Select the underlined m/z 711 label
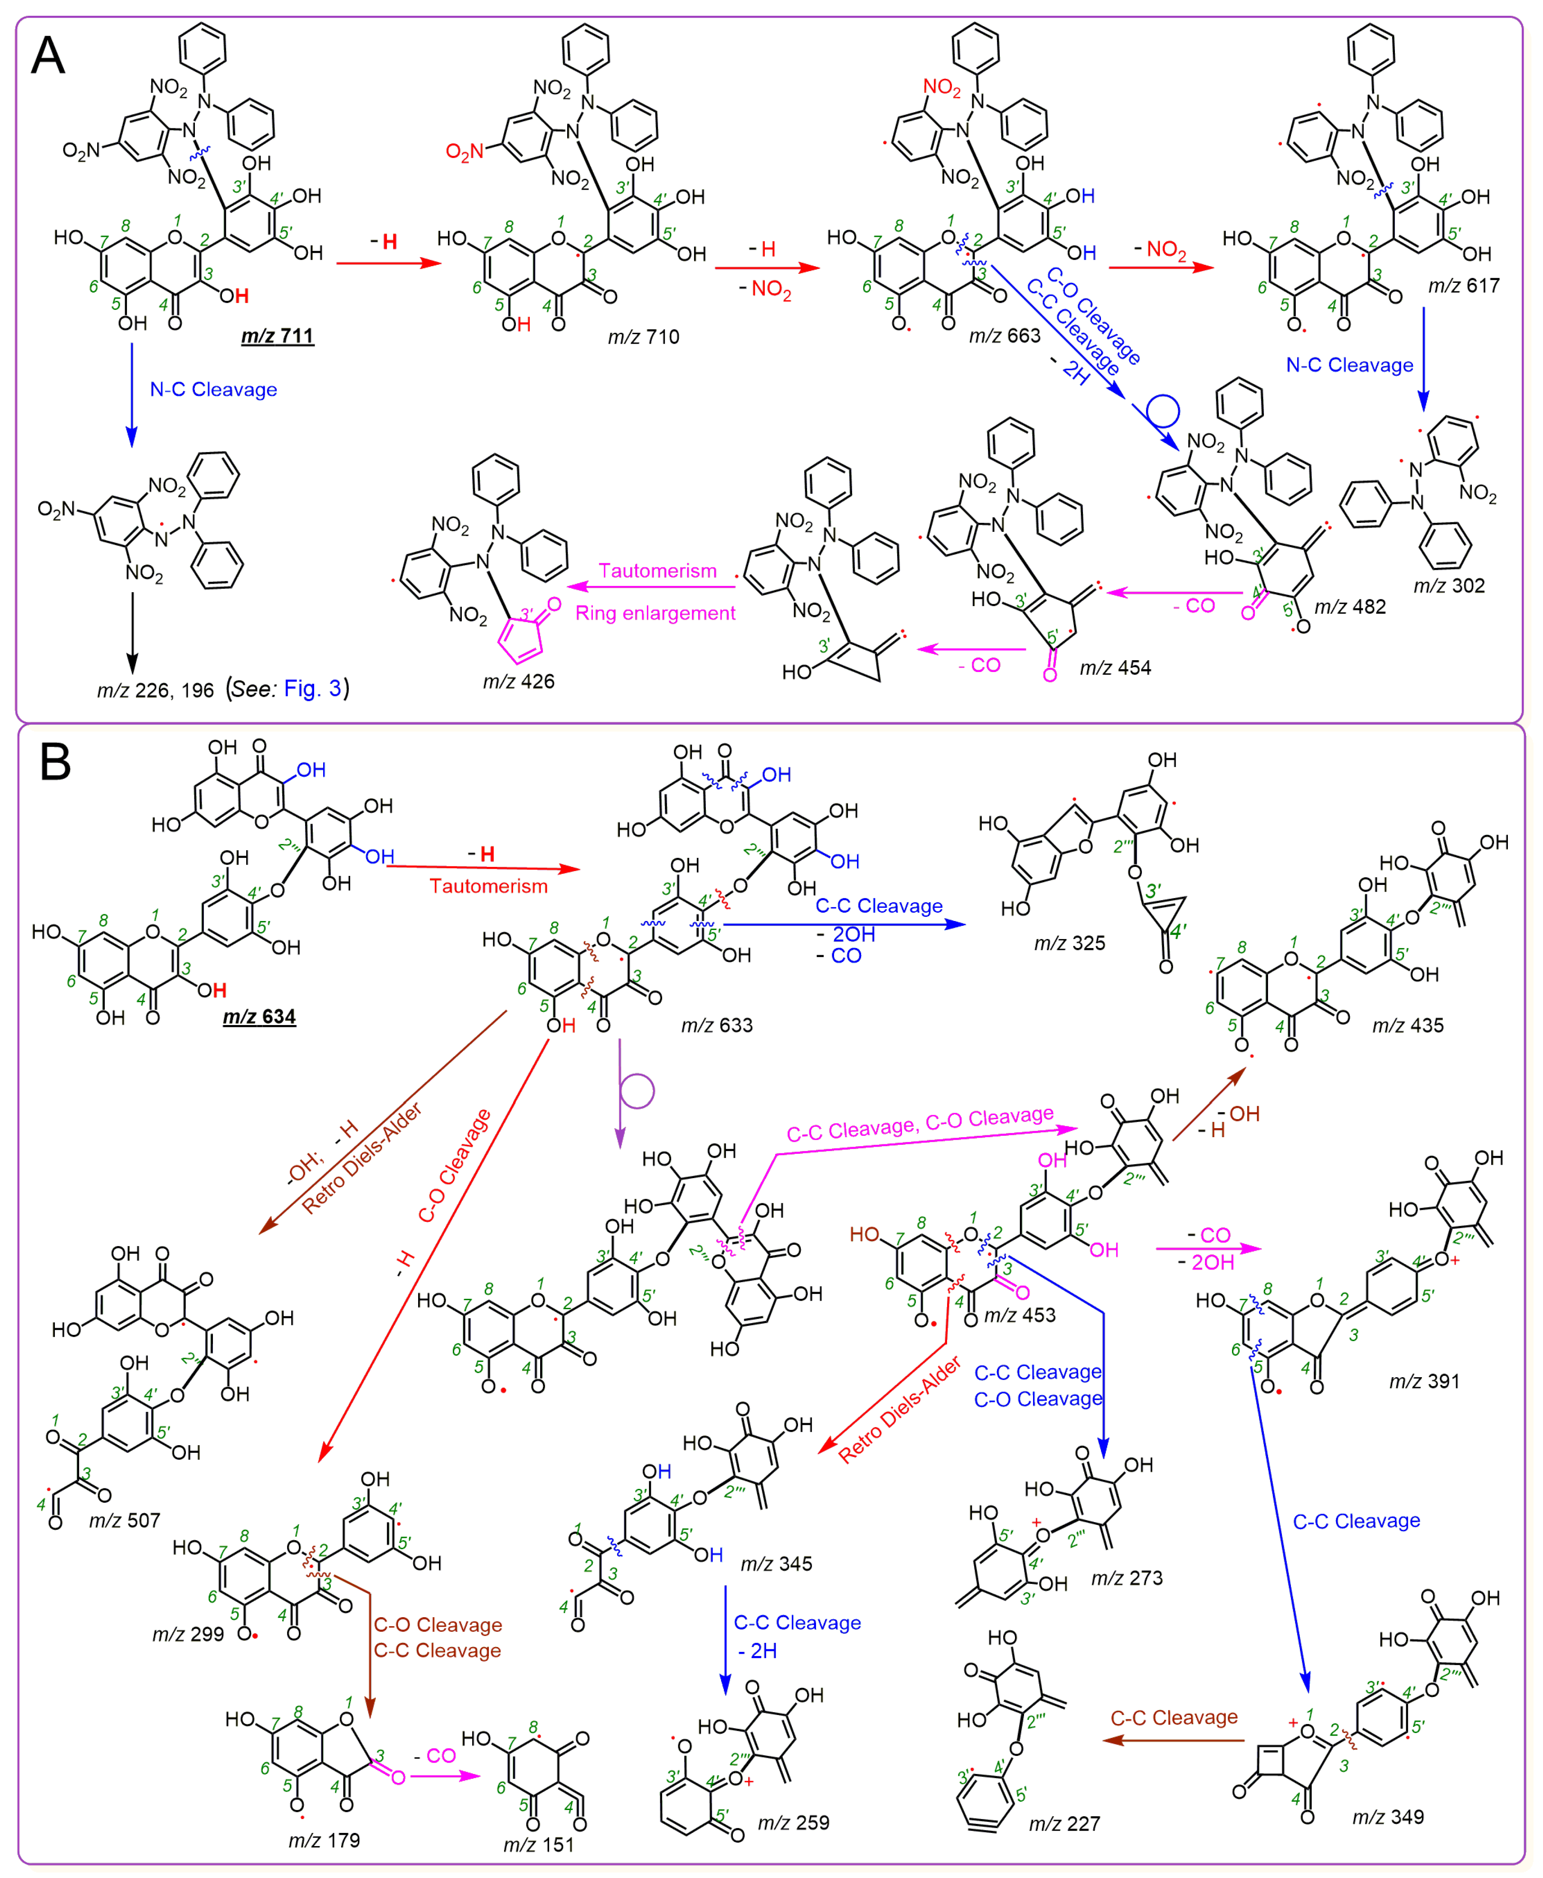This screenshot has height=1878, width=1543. pos(277,336)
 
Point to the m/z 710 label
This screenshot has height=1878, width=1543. pos(644,337)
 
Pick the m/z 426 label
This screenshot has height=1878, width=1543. pos(518,681)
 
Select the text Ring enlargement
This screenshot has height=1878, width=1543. pos(655,613)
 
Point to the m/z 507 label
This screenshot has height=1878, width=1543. pos(124,1520)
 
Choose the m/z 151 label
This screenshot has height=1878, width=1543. pos(539,1845)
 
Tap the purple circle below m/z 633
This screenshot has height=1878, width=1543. pos(637,1091)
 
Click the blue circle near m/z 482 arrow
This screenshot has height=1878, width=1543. pos(1163,411)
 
